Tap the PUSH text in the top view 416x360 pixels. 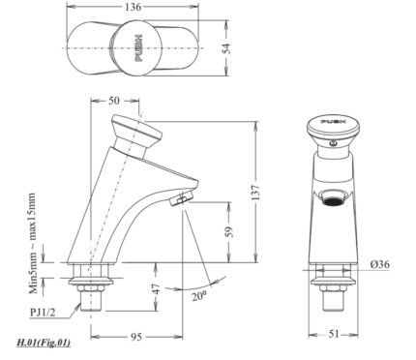point(138,45)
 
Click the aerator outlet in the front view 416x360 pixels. point(332,199)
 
